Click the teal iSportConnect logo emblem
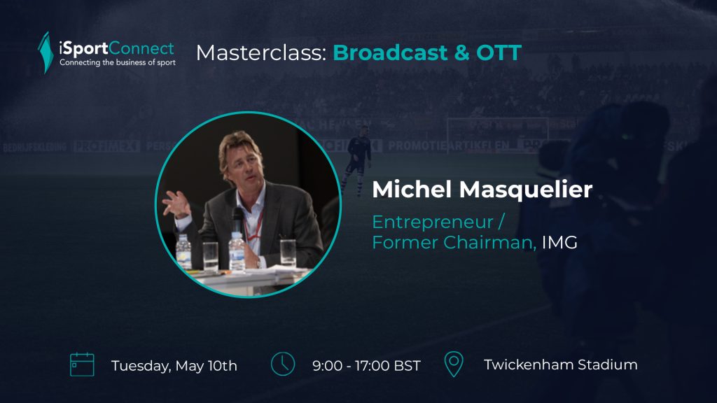(46, 52)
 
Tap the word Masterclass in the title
(261, 52)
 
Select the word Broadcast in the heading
(389, 52)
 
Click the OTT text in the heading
(499, 52)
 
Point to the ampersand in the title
(462, 52)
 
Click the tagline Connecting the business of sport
(118, 62)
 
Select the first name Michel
(412, 189)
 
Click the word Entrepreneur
(433, 222)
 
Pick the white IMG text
(559, 242)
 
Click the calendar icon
(82, 364)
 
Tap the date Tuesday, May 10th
(174, 365)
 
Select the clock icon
(283, 364)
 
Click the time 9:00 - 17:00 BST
(366, 365)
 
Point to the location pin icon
(454, 364)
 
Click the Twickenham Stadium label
(561, 365)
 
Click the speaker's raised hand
(176, 204)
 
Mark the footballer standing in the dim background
(356, 157)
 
